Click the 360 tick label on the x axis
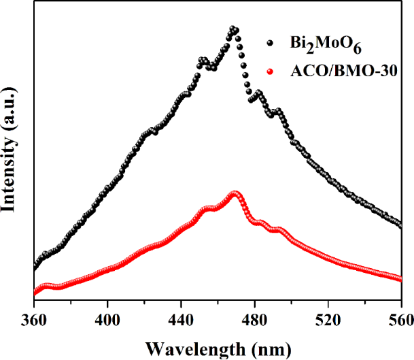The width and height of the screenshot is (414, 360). coord(34,318)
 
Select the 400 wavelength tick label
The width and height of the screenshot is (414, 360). coord(107,318)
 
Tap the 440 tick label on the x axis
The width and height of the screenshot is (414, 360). coord(181,318)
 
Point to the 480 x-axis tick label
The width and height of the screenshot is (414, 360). coord(254,318)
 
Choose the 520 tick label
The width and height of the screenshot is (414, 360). coord(328,318)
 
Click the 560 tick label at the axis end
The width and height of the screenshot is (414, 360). coord(399,318)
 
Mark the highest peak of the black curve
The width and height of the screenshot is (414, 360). coord(234,29)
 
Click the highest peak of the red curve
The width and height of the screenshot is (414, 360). coord(235,194)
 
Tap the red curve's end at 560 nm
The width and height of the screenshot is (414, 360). coord(400,278)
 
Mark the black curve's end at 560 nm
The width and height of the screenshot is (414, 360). coord(400,225)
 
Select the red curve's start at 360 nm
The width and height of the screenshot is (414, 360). coord(35,293)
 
